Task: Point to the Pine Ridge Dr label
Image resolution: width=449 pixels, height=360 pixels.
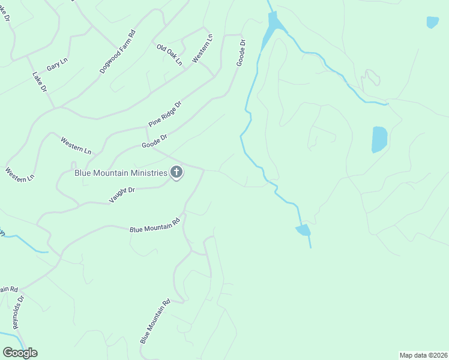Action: pos(165,114)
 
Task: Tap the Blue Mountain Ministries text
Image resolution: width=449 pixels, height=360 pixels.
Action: pos(121,173)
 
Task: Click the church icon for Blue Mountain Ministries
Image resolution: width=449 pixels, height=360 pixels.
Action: pos(176,173)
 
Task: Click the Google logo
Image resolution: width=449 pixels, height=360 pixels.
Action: pos(20,352)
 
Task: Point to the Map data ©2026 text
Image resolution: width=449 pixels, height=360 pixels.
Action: pos(423,355)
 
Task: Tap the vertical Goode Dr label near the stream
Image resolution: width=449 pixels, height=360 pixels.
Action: pos(241,53)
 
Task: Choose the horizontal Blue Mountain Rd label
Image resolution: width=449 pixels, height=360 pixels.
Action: pos(155,225)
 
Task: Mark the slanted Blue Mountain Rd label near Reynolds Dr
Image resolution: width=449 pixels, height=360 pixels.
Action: pos(155,321)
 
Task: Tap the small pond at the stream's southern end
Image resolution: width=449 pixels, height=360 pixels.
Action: pos(303,230)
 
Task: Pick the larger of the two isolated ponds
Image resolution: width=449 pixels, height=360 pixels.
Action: pos(379,139)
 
